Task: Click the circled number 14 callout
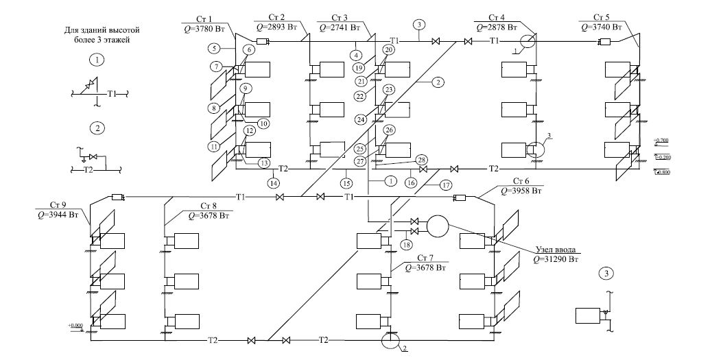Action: (275, 183)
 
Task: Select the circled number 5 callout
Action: (216, 49)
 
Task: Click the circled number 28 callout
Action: (421, 159)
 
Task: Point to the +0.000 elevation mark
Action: (75, 326)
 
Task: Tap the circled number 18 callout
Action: (407, 244)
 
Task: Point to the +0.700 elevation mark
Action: (661, 141)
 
